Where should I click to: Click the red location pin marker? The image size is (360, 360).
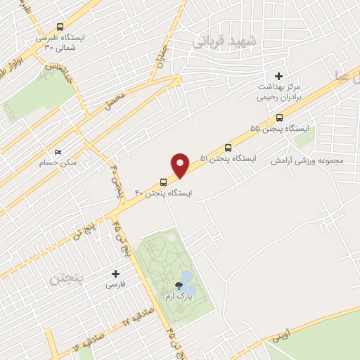click(181, 164)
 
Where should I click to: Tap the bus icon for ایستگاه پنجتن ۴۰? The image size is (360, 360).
click(163, 182)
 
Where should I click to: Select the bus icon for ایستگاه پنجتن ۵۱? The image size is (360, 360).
click(228, 148)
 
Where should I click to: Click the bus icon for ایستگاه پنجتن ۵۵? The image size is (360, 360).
click(279, 118)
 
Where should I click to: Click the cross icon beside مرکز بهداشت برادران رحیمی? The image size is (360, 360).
click(278, 76)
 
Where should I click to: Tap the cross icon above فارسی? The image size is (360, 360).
click(116, 274)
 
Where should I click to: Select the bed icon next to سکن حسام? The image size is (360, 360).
click(58, 151)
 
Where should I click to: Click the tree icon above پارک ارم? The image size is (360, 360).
click(180, 286)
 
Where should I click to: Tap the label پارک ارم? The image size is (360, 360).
click(180, 298)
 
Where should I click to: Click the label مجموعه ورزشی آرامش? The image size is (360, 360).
click(311, 161)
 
